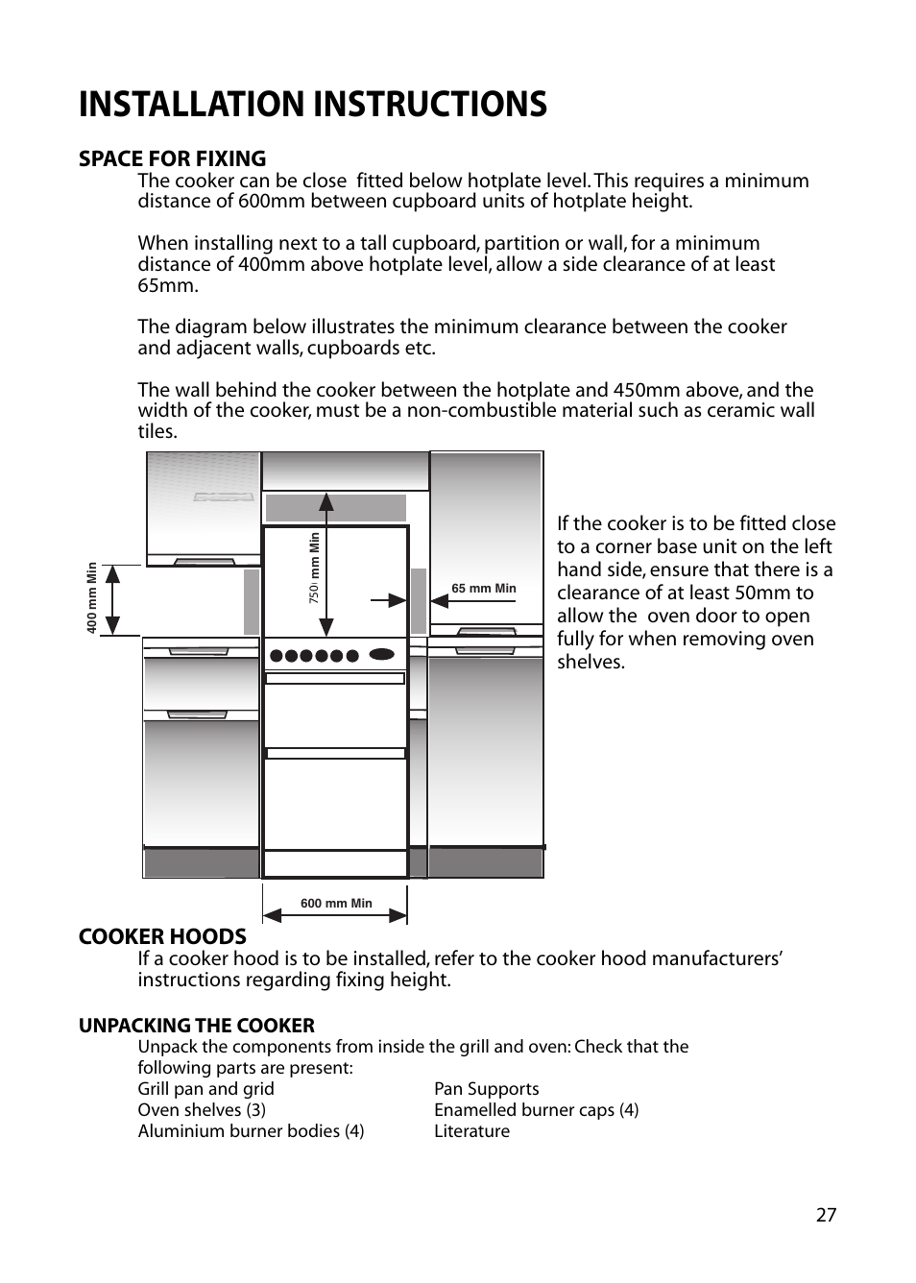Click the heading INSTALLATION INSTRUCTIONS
(x=313, y=105)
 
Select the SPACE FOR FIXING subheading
(x=172, y=158)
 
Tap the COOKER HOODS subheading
(x=162, y=936)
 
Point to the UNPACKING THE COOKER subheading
(x=197, y=1026)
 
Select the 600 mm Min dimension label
(x=336, y=904)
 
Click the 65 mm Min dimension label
(x=484, y=589)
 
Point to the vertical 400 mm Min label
(x=91, y=598)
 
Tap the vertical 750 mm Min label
(x=314, y=568)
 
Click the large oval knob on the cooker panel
(x=382, y=654)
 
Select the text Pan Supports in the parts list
(x=487, y=1089)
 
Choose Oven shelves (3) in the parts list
(x=202, y=1110)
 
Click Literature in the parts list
(x=471, y=1131)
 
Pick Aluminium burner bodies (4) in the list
(x=251, y=1131)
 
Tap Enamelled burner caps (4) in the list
(x=537, y=1110)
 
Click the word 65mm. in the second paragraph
(x=168, y=285)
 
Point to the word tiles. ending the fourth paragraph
(x=157, y=431)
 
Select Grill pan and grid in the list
(x=206, y=1089)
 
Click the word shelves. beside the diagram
(x=591, y=662)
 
